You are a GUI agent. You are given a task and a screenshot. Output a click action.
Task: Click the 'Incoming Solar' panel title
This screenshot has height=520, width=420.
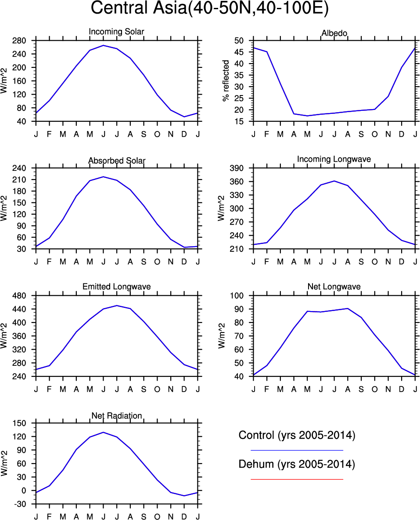click(x=116, y=32)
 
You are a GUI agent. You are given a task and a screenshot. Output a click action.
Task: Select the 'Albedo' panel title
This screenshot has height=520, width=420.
click(x=334, y=33)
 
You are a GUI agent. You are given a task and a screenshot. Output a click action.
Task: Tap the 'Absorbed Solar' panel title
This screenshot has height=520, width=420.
click(x=116, y=161)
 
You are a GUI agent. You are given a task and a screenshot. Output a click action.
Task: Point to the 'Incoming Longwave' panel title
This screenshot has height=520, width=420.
click(x=334, y=159)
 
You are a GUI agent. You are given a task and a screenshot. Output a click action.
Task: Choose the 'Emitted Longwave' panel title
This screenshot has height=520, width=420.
click(x=116, y=287)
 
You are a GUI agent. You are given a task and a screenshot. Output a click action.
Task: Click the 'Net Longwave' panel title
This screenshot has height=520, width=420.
click(x=334, y=287)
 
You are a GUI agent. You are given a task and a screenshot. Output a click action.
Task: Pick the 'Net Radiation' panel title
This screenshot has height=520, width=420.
click(x=116, y=415)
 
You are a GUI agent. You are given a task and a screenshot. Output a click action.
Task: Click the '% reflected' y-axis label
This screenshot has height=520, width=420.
click(x=226, y=81)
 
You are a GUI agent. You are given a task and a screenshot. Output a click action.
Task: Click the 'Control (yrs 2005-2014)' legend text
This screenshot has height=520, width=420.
click(x=297, y=435)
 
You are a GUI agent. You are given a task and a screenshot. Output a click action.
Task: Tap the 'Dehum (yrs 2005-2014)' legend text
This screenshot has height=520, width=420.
click(x=297, y=464)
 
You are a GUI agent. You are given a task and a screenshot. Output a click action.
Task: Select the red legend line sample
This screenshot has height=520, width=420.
click(x=297, y=479)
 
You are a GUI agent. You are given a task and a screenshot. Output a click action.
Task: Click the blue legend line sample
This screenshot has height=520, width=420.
click(x=297, y=450)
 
